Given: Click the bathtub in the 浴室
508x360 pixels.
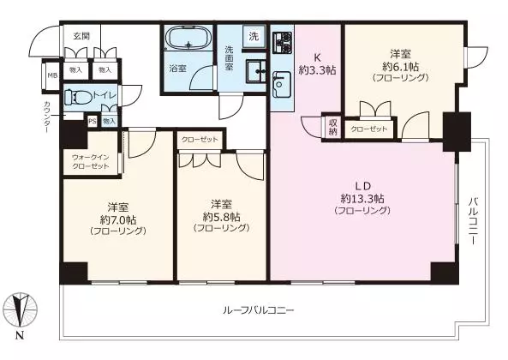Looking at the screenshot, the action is point(188,37).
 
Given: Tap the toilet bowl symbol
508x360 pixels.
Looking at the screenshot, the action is point(75,97).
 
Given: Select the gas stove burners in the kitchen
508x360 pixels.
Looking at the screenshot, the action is point(283,43).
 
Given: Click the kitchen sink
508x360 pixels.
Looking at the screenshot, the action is point(282,85).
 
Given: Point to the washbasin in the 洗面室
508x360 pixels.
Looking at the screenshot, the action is point(256,70).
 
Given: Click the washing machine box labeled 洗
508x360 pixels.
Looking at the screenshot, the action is point(254,36).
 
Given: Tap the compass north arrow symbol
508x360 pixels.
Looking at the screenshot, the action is point(21,309).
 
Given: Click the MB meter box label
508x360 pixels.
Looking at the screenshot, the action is point(52,75).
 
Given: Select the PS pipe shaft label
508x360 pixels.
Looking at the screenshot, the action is point(93,122).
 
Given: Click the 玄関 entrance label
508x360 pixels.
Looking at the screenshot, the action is point(81,36).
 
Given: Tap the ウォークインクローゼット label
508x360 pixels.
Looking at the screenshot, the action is point(91,162).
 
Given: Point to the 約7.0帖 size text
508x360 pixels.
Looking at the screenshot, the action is point(118,220).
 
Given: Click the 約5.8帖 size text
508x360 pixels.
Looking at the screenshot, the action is point(222,217).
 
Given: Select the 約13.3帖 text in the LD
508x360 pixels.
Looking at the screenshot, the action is point(362,198).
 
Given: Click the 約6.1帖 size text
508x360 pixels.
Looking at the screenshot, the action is point(400,67).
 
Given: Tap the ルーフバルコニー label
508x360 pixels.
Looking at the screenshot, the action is point(259,311).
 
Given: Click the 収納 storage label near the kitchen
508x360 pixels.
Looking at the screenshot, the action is point(332,128).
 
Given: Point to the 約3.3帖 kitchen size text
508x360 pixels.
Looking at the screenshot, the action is point(317,70).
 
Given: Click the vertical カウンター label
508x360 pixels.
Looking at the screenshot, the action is point(47,117).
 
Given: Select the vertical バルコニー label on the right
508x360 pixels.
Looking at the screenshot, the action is point(473,221).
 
